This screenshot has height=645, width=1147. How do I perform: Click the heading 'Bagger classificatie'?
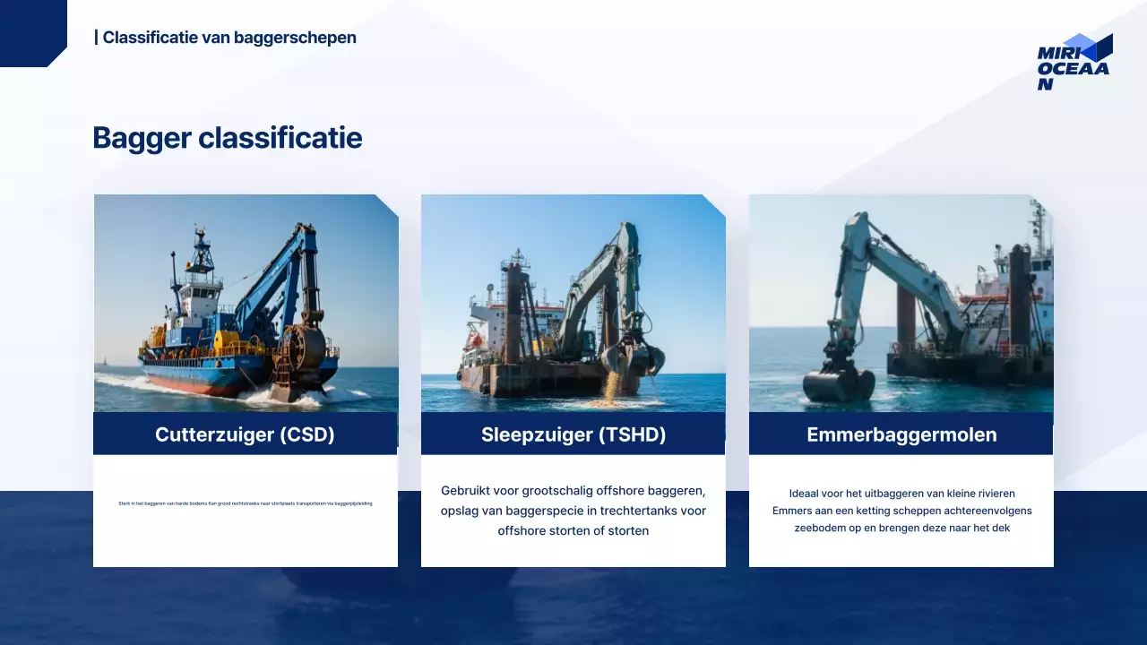tap(228, 138)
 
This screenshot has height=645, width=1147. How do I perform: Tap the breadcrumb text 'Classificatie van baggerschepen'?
tap(229, 38)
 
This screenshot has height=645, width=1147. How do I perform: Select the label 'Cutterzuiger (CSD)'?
tap(245, 434)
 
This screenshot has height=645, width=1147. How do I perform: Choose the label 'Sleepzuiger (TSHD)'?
tap(573, 434)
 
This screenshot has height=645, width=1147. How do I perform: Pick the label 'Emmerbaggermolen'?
tap(901, 434)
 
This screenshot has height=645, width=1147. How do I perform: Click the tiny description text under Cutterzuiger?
tap(245, 503)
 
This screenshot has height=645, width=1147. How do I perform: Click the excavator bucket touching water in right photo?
tap(838, 383)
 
